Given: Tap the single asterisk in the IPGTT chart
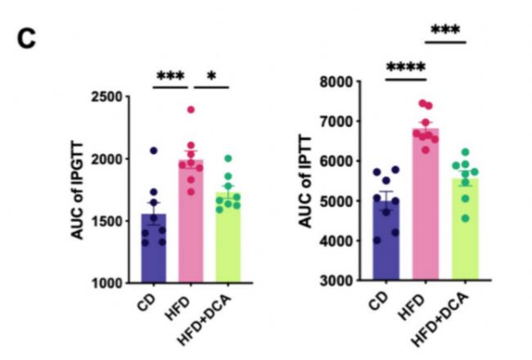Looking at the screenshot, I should (x=211, y=75).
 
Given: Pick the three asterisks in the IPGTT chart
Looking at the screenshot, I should (x=171, y=74).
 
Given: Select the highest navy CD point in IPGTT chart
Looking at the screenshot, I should (x=153, y=151).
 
